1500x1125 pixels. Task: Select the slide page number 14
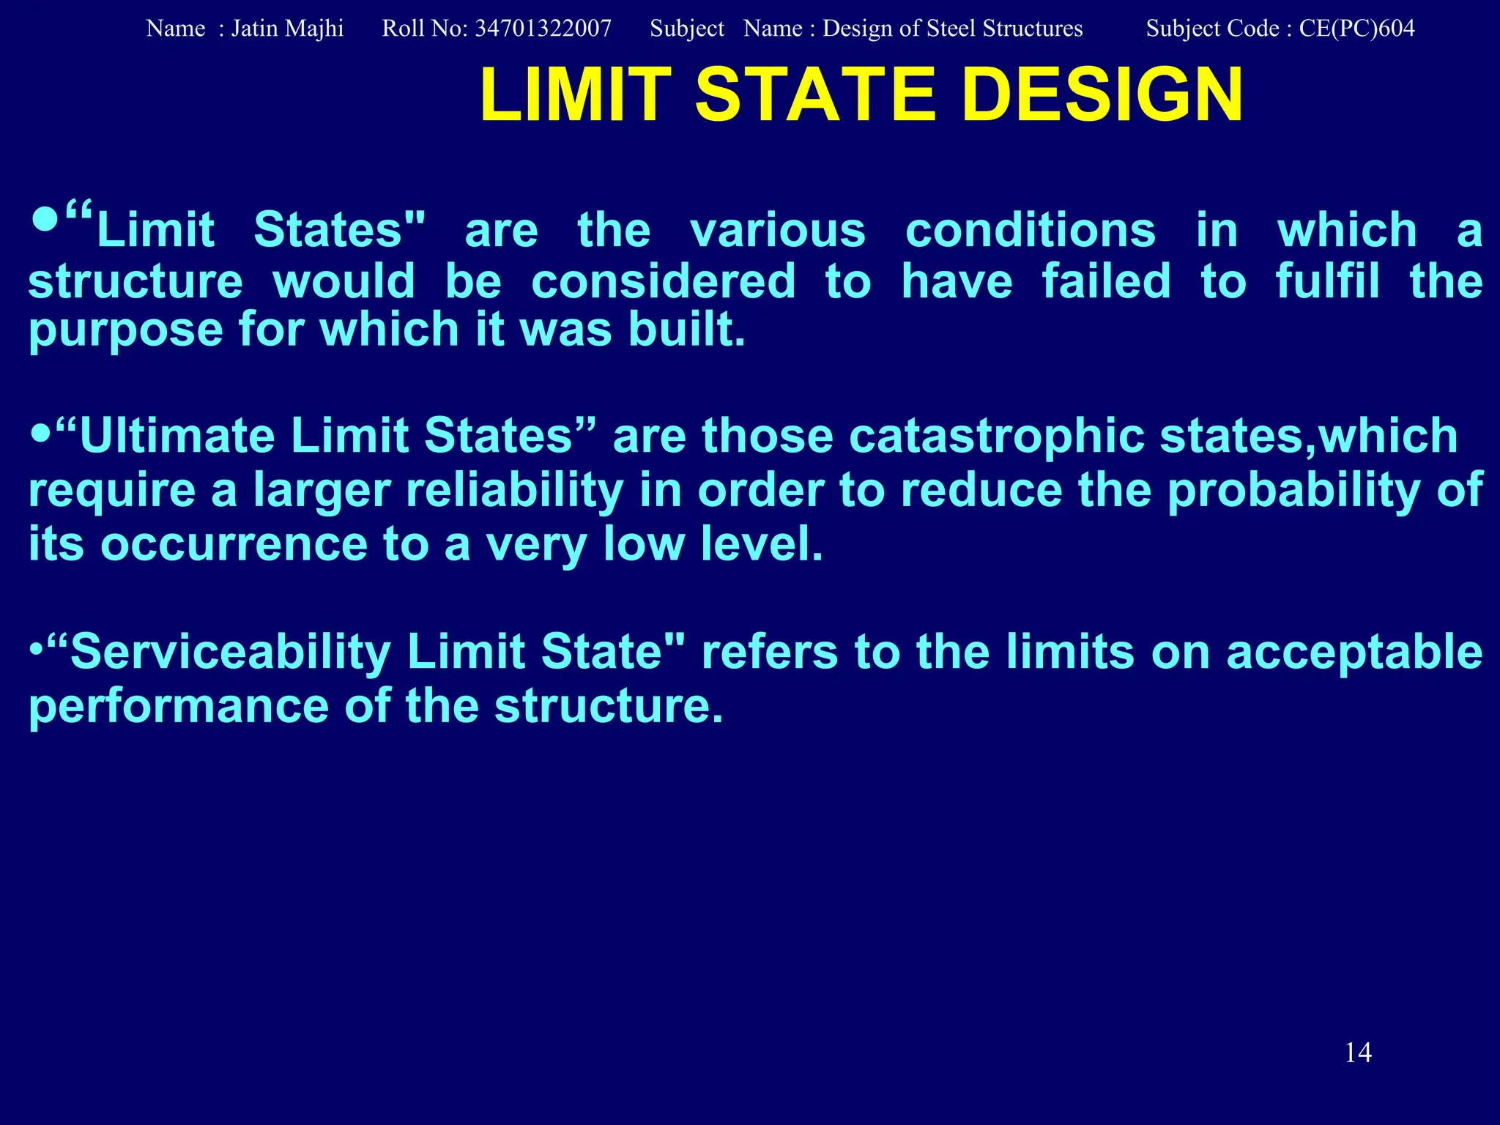click(x=1358, y=1052)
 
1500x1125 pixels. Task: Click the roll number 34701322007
click(x=543, y=29)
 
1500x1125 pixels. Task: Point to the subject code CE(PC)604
click(x=1356, y=29)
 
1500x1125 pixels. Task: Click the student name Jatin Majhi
click(x=287, y=29)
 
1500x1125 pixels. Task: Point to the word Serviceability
click(x=231, y=653)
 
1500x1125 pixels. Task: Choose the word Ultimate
click(x=177, y=437)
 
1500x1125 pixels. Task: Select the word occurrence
click(x=234, y=545)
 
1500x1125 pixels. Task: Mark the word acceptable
click(x=1354, y=653)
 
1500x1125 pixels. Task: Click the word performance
click(x=179, y=707)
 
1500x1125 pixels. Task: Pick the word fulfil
click(x=1327, y=281)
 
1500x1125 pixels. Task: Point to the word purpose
click(x=125, y=331)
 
